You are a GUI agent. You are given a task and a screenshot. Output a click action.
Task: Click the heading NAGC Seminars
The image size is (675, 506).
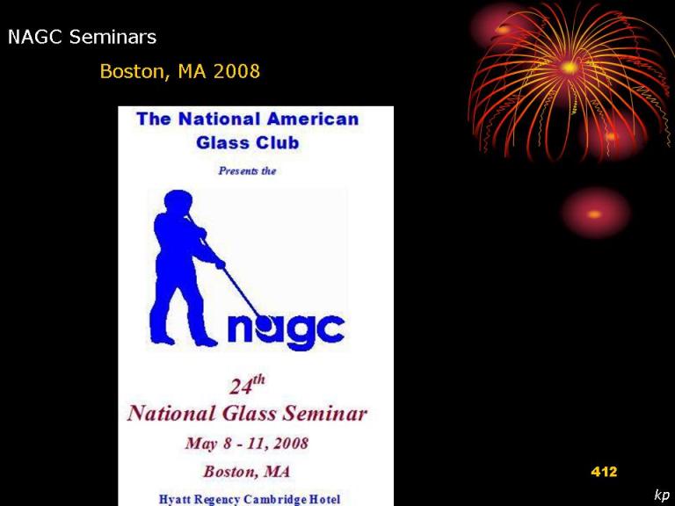coord(83,37)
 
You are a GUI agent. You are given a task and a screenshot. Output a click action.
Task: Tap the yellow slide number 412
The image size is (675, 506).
coord(604,472)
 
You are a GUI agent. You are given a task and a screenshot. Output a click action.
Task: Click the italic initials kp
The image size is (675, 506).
coord(662,495)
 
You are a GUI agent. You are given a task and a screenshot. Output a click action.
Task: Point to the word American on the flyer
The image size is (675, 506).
coord(313,119)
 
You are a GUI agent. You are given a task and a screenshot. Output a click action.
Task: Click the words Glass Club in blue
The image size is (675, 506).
coord(248,142)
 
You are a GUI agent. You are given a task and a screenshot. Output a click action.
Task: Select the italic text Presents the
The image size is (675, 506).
coord(247,170)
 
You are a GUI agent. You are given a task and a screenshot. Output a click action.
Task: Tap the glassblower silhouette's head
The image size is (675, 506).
coord(178,202)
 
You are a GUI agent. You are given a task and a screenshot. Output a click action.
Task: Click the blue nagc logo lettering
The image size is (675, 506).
coord(286,331)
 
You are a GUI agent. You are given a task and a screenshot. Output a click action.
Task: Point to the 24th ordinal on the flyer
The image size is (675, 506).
coord(247,385)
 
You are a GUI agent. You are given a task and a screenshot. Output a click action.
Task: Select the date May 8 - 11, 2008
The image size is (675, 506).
coord(247,443)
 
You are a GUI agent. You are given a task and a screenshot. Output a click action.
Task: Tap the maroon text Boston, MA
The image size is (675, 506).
coord(247,471)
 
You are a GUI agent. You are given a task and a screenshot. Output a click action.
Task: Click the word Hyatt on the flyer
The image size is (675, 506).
coord(175,500)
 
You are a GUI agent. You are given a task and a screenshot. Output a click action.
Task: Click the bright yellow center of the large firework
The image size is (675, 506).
coord(570,68)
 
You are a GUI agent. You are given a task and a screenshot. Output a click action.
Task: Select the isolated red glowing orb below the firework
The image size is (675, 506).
coord(595,213)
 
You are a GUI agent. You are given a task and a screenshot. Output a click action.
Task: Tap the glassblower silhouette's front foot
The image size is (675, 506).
coord(206,343)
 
